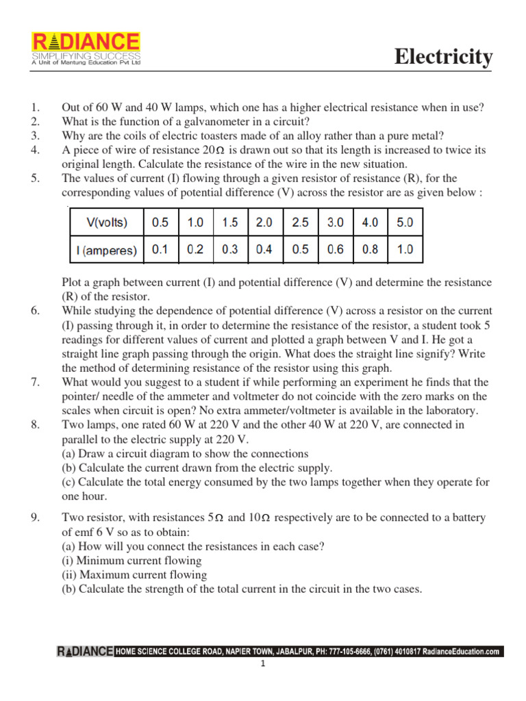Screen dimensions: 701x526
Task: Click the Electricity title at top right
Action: [x=443, y=58]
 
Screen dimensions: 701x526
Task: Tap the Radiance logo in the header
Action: [x=86, y=49]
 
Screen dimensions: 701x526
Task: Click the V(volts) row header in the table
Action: [x=106, y=223]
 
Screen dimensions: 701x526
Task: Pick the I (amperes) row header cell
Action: [x=106, y=250]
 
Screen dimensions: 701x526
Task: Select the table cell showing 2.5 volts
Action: [x=300, y=223]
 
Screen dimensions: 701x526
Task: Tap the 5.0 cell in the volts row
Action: [x=405, y=223]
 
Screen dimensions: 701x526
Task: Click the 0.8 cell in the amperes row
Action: [x=370, y=250]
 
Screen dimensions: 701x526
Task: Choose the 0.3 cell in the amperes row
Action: [x=230, y=250]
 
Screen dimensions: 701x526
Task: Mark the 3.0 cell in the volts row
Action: [x=335, y=223]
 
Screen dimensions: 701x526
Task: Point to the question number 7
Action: [x=35, y=382]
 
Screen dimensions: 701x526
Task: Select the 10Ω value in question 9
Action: [x=264, y=518]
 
